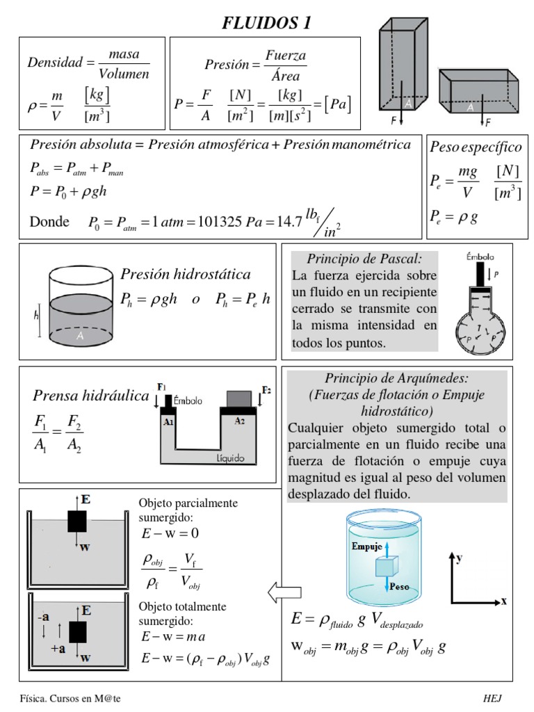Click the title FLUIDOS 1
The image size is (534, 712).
coord(266,24)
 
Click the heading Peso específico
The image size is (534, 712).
coord(476,147)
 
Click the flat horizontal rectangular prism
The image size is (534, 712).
coord(479,92)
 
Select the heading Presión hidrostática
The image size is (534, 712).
coord(186,274)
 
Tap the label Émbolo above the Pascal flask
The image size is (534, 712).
coord(480,257)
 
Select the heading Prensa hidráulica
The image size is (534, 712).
coord(90,396)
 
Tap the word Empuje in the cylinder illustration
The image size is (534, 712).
coord(367,547)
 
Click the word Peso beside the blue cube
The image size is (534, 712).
coord(400,586)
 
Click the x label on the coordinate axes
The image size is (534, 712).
coord(503,601)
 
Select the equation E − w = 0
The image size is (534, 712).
coord(169,533)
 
